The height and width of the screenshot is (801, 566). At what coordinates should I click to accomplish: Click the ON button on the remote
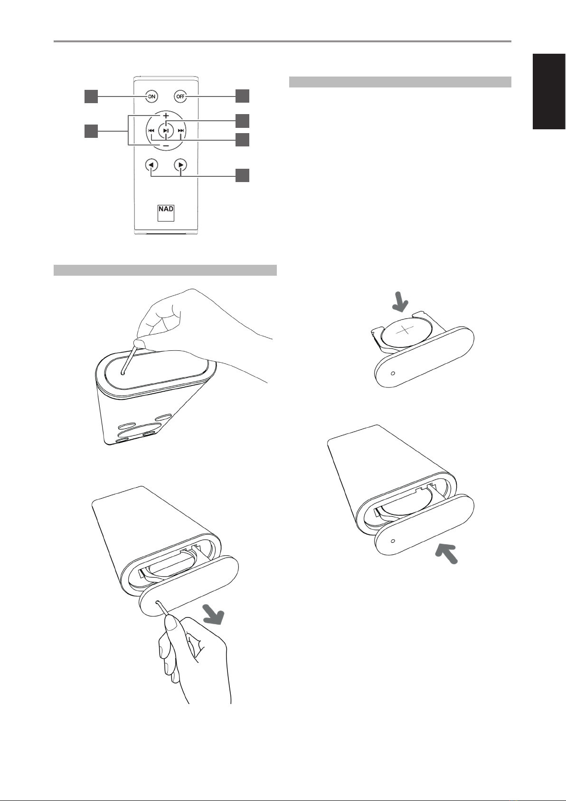coord(152,96)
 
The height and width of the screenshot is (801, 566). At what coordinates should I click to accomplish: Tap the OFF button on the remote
coord(181,96)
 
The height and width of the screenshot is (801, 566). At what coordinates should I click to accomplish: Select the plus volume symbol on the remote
coord(166,116)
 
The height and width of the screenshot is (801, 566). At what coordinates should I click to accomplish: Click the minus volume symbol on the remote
coord(166,146)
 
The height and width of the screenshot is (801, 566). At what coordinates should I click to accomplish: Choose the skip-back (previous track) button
coord(151,131)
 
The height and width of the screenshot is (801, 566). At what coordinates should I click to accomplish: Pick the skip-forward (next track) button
coord(181,131)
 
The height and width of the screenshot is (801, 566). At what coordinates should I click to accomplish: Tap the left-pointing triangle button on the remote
coord(152,165)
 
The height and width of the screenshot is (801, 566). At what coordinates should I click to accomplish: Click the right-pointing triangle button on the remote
coord(181,165)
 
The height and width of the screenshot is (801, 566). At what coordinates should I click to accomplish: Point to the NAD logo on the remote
coord(166,213)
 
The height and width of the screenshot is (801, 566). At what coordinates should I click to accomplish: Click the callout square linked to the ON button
coord(91,97)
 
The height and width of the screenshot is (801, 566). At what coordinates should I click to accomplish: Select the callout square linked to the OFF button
coord(243,96)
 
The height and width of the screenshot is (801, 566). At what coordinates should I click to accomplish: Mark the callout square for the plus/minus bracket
coord(91,131)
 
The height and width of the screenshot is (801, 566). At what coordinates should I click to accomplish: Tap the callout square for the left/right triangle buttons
coord(243,175)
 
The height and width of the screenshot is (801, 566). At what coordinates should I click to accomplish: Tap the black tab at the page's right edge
coord(549,91)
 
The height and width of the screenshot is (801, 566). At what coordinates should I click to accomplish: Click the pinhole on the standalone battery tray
coord(393,373)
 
